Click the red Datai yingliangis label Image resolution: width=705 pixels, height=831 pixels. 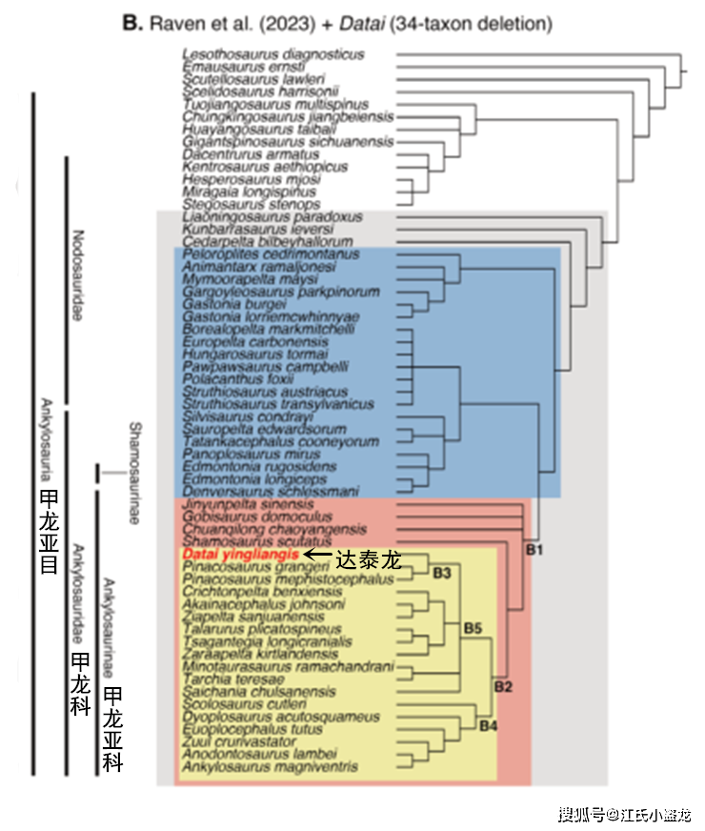point(240,554)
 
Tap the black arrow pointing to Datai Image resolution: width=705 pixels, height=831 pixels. point(318,554)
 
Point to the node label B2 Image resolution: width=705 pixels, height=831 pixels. point(503,687)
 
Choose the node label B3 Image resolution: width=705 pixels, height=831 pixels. point(441,574)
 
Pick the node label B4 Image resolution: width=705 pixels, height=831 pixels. point(489,727)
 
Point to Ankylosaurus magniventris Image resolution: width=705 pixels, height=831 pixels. point(269,766)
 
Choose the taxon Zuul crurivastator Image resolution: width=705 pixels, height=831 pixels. point(233,741)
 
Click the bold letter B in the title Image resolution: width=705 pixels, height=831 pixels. point(130,21)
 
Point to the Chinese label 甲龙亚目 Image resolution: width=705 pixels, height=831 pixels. point(49,532)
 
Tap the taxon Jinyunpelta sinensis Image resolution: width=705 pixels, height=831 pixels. point(247,504)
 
